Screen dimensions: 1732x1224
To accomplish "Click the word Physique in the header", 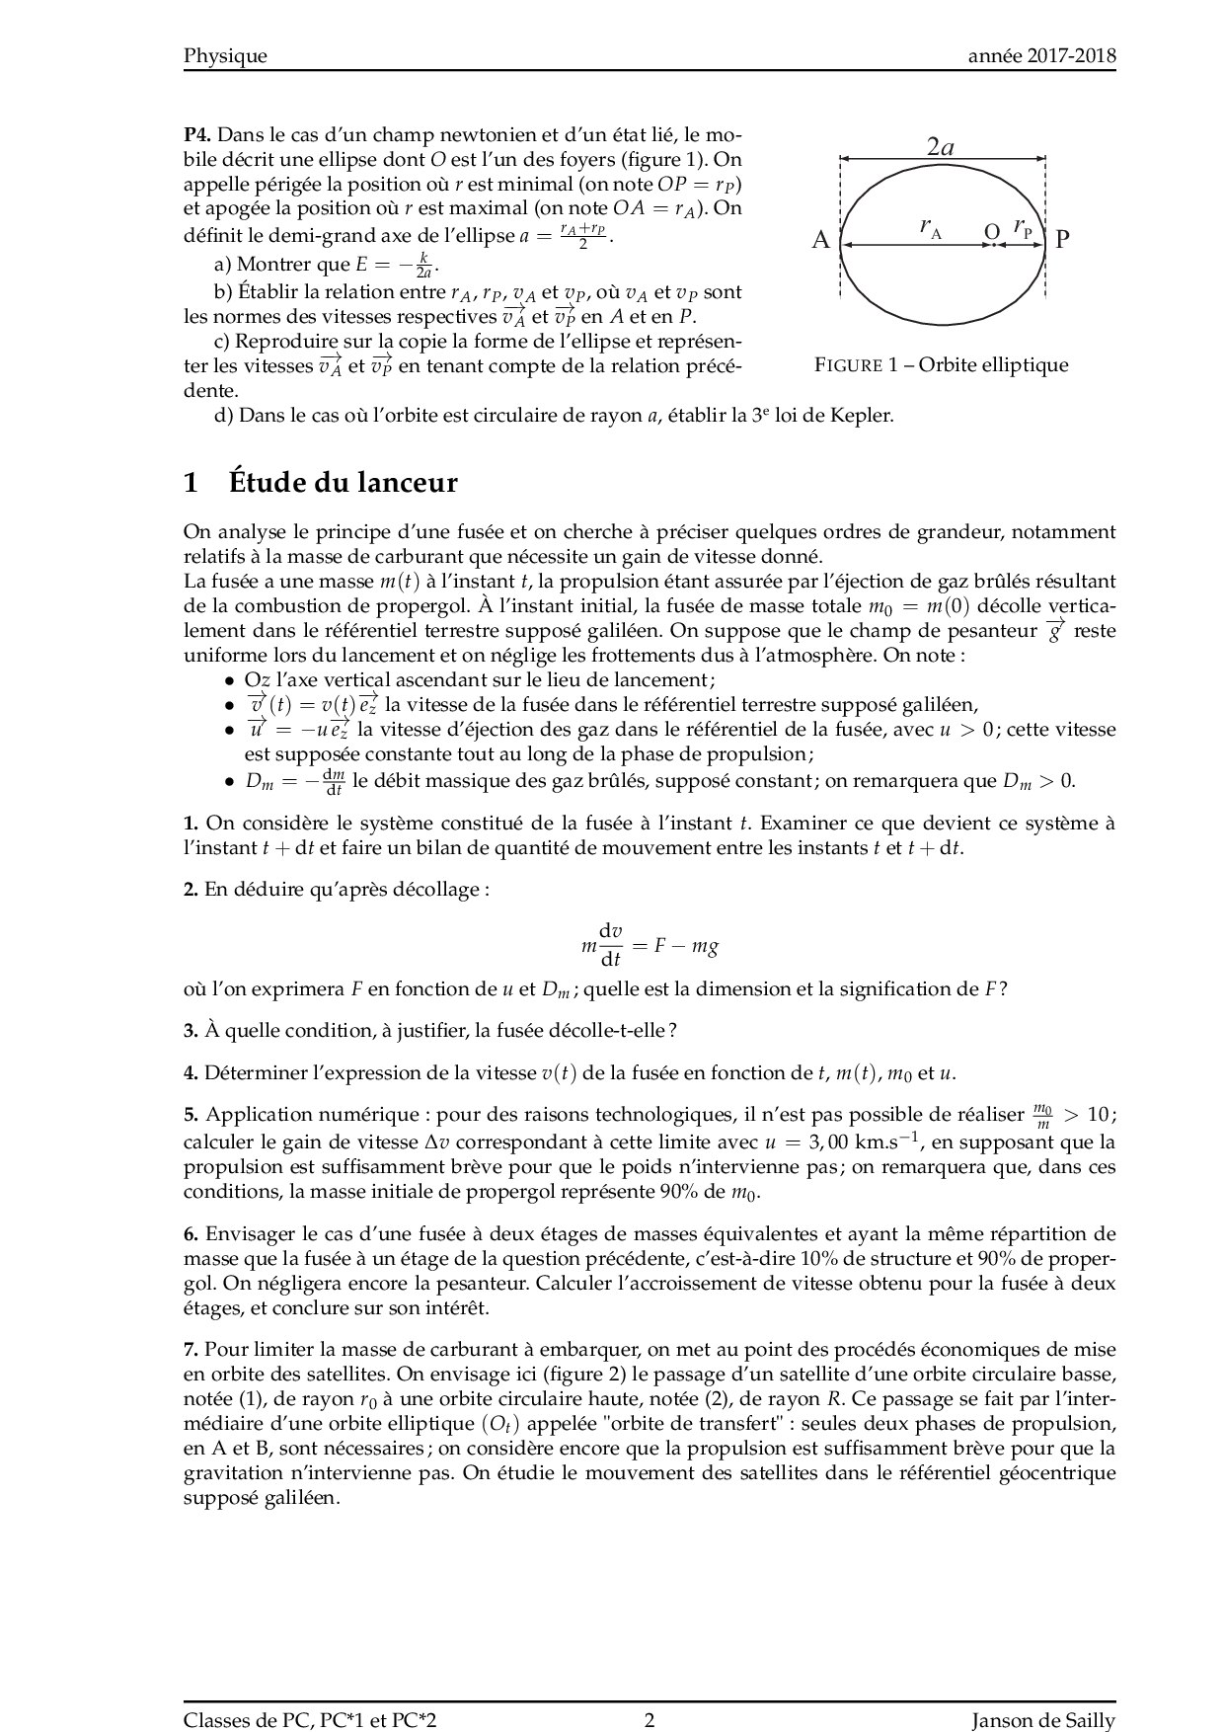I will point(225,56).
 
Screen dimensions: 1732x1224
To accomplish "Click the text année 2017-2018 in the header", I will point(1041,56).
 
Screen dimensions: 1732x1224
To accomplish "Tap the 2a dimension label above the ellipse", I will point(941,148).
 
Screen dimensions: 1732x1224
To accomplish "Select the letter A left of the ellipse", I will point(820,240).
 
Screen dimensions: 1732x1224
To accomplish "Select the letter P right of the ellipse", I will point(1062,240).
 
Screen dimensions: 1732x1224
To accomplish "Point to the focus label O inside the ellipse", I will point(991,232).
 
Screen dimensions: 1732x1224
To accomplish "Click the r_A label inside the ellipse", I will point(930,228).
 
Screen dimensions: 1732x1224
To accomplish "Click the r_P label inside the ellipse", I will point(1023,228).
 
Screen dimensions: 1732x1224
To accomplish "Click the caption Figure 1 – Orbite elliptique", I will point(941,365).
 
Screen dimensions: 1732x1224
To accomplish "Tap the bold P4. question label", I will point(197,134).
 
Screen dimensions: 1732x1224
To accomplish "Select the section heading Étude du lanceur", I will point(343,483).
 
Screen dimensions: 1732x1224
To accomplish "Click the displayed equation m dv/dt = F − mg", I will point(650,945).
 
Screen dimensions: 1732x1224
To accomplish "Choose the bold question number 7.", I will point(191,1350).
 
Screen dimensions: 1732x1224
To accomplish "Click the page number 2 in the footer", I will point(650,1693).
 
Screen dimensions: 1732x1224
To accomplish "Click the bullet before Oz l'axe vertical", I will point(229,681).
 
